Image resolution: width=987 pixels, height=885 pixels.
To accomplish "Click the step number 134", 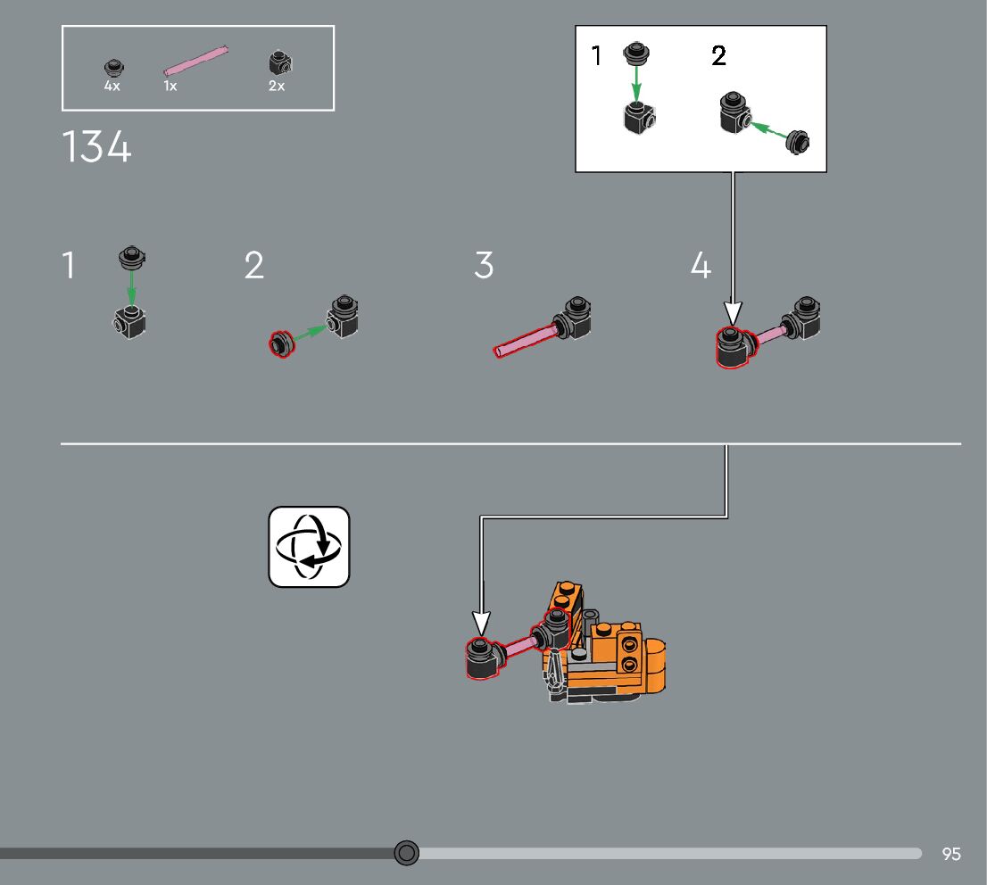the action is click(x=96, y=147).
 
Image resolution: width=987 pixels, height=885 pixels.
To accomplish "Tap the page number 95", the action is click(x=951, y=854).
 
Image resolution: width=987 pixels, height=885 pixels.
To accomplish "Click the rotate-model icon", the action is click(x=309, y=547).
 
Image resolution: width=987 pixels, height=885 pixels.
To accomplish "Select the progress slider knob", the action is click(x=406, y=853).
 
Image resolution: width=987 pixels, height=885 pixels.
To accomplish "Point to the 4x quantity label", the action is click(x=112, y=87).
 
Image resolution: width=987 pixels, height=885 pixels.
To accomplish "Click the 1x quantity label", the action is click(x=170, y=87).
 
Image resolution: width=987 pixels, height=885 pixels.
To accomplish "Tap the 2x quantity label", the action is click(x=277, y=87).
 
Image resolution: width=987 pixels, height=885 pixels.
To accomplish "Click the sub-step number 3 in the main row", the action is click(x=483, y=266).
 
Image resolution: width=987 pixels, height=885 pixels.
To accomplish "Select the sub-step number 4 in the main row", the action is click(x=701, y=266).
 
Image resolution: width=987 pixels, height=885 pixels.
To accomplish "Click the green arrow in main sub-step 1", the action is click(x=131, y=288).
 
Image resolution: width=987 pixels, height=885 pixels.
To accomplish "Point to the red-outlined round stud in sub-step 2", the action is click(x=281, y=343).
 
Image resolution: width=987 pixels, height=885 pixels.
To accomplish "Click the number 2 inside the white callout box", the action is click(x=718, y=56).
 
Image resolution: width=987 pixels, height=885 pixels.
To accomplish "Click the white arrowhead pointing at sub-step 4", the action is click(x=733, y=312).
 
